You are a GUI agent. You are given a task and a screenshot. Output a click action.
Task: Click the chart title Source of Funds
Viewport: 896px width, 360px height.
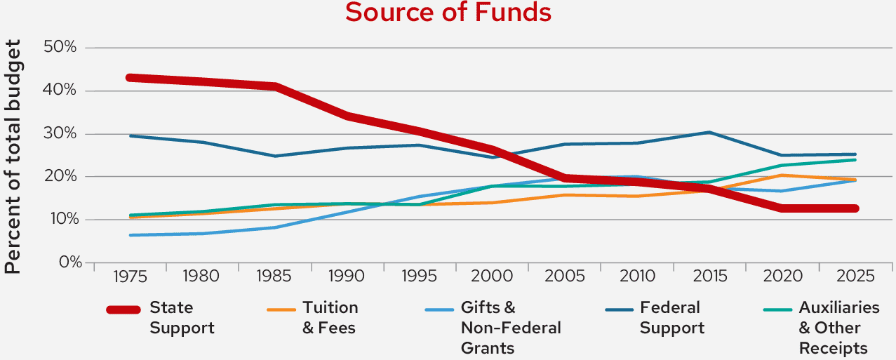coord(448,13)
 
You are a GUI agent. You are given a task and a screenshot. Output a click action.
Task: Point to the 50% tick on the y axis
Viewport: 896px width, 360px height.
coord(60,48)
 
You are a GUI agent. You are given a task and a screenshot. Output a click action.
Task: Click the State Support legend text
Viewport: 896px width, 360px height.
coord(182,318)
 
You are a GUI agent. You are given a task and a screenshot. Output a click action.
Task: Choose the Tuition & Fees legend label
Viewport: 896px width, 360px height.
coord(330,318)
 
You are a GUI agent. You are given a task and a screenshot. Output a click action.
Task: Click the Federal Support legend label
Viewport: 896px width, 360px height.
coord(669,318)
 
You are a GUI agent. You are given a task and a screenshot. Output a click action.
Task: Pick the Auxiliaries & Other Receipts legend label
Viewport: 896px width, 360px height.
coord(838,328)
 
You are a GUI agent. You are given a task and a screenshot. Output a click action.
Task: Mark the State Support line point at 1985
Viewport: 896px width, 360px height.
coord(275,86)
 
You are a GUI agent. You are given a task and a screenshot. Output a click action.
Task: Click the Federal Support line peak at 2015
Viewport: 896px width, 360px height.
coord(709,132)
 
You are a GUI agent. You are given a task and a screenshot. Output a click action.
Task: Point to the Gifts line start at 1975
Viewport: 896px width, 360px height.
coord(131,235)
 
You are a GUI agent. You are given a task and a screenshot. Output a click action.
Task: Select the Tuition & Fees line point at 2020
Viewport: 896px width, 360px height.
coord(782,175)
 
